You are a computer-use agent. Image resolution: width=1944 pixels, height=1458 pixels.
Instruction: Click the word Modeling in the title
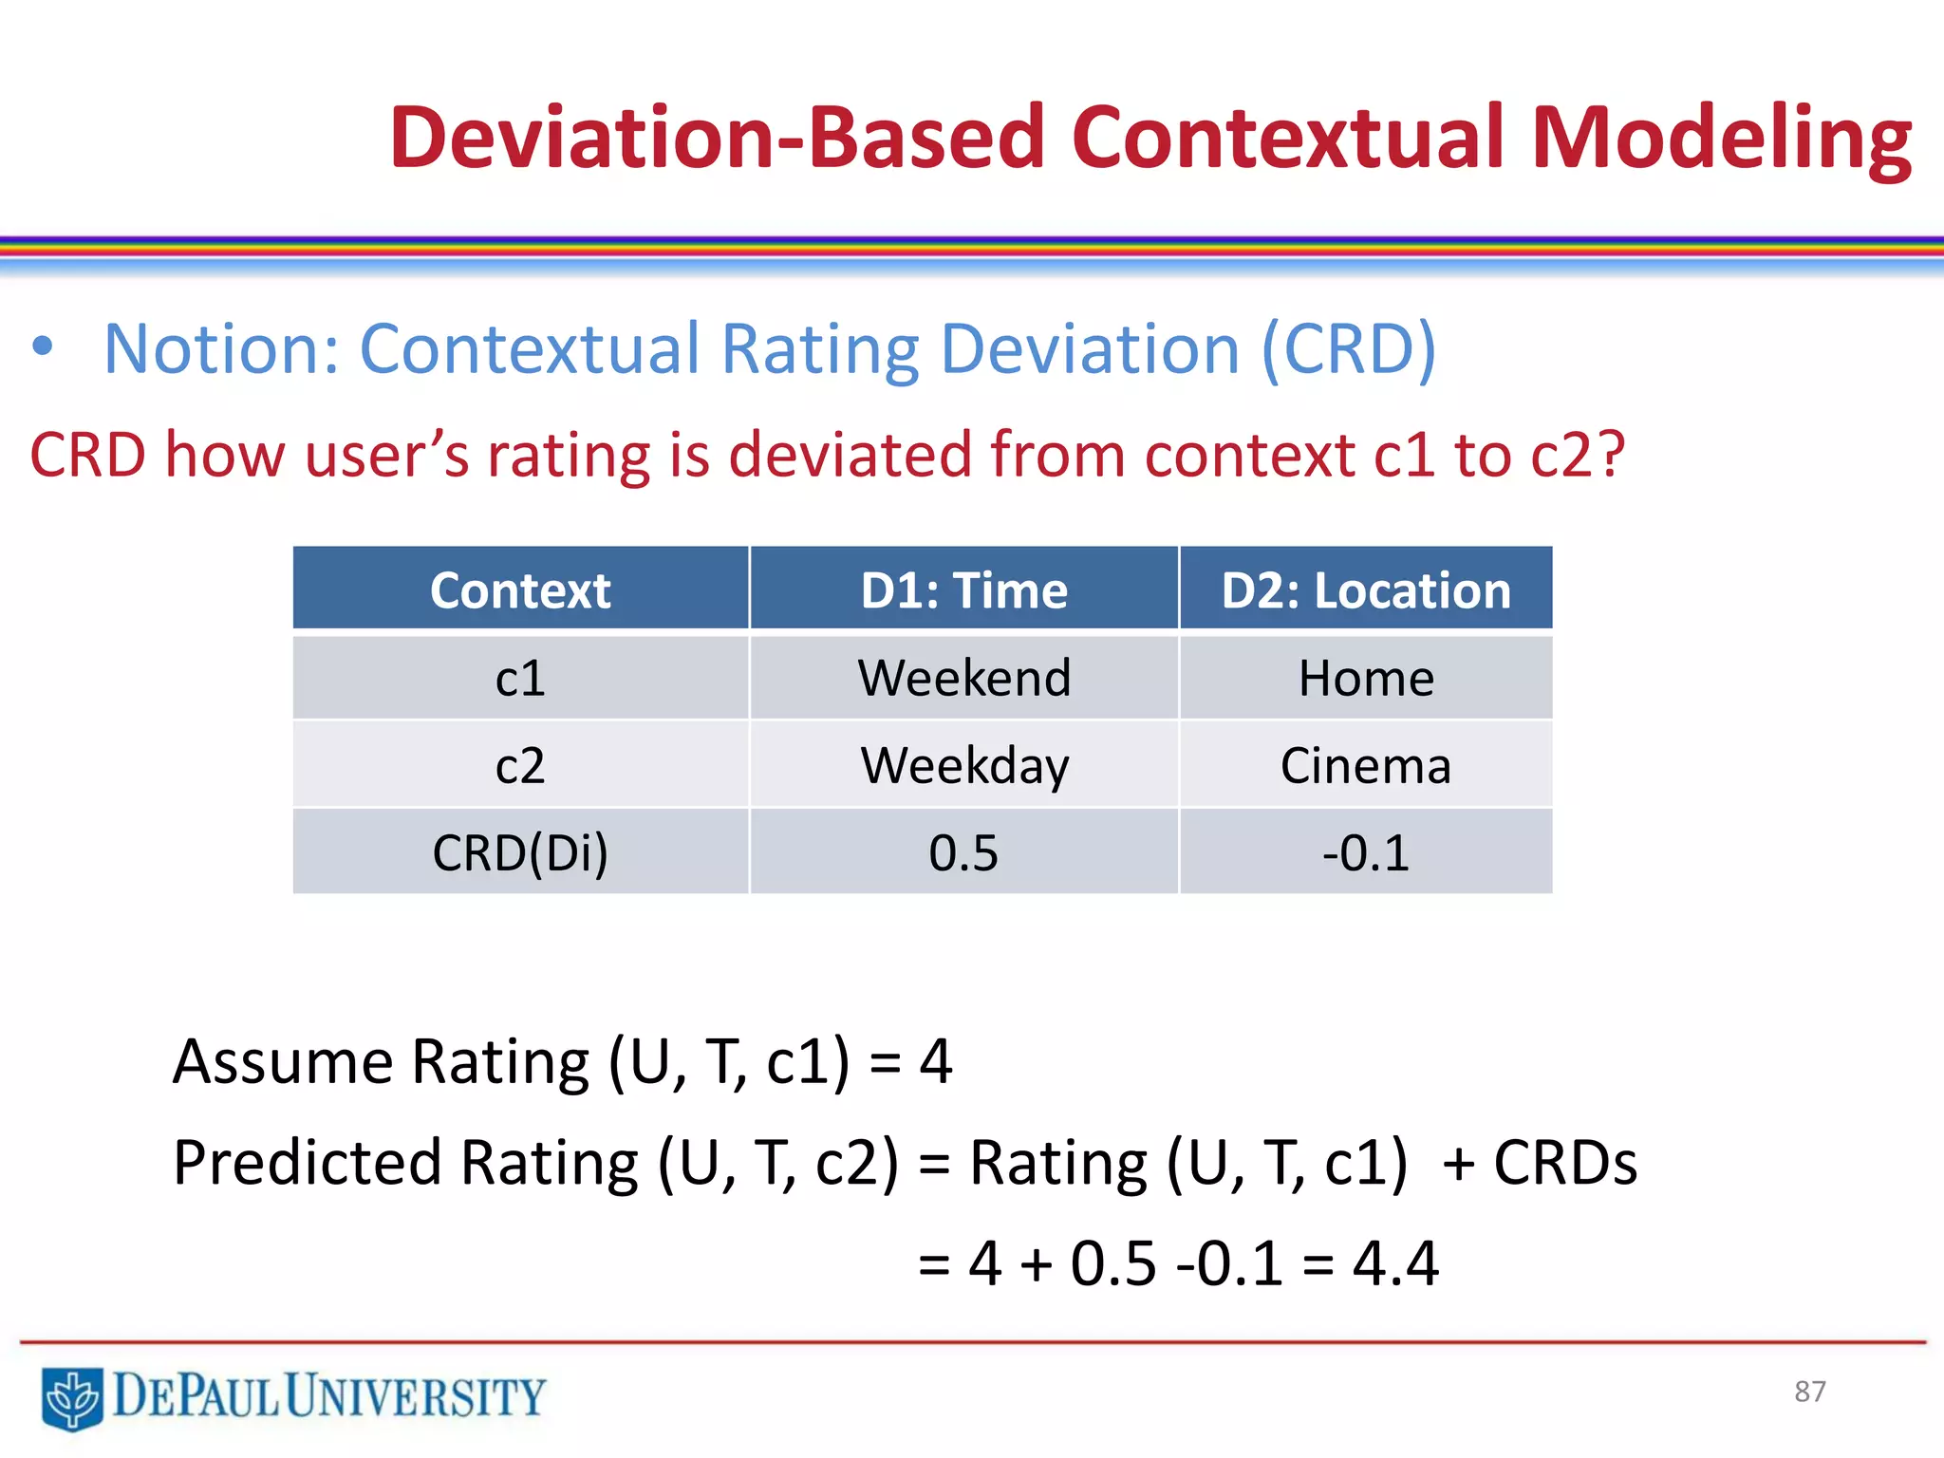1720,139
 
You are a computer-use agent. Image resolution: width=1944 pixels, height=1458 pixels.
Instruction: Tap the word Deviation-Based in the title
717,139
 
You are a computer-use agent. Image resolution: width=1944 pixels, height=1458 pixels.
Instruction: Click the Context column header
520,590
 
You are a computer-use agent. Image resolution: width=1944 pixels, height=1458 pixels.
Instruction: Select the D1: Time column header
963,590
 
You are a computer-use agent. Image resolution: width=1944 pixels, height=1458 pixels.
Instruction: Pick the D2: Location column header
1365,590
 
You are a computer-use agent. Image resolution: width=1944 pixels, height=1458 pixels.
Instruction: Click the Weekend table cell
963,678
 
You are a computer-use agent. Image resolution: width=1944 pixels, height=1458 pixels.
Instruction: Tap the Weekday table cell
963,765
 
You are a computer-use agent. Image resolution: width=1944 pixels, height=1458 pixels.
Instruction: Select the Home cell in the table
1365,678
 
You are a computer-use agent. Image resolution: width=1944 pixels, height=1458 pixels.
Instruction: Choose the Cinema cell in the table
1365,765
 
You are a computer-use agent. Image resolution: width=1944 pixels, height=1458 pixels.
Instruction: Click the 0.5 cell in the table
963,852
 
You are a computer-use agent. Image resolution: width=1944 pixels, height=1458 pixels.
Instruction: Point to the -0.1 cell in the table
1365,852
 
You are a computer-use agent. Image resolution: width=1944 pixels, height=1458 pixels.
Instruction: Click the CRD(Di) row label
520,852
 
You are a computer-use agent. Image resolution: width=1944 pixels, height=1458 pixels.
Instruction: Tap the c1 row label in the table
520,678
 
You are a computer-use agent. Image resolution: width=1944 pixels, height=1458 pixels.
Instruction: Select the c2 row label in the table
520,765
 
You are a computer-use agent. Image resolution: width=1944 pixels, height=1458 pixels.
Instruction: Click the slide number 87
1809,1392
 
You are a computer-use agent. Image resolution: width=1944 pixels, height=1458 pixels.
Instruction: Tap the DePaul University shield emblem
72,1398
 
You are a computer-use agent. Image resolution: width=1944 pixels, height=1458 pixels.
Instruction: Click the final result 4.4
1395,1264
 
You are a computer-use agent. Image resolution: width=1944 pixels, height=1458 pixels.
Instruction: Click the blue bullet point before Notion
42,346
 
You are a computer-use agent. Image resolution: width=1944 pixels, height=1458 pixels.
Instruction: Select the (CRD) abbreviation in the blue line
1348,349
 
